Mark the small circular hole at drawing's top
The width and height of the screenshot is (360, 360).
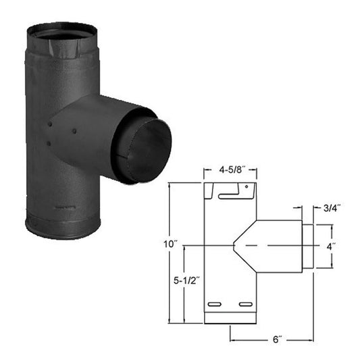[x=247, y=186]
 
